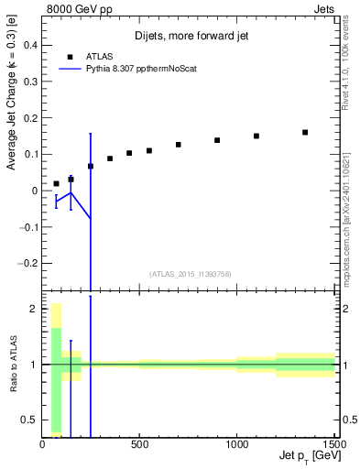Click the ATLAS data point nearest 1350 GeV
click(305, 132)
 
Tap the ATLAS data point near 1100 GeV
click(256, 136)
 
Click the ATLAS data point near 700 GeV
click(179, 145)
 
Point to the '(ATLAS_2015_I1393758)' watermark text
click(189, 273)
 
